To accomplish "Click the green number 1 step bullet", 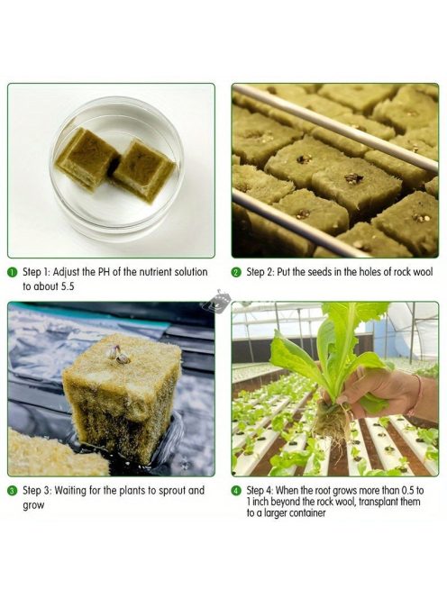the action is (x=13, y=272).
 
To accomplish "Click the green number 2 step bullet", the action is (x=237, y=272).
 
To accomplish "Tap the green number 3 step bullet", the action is (x=13, y=491).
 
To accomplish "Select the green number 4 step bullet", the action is (x=237, y=491).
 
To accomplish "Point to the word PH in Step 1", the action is (x=105, y=272).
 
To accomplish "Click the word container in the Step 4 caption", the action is (x=308, y=513).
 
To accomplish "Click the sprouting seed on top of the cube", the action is (x=120, y=354).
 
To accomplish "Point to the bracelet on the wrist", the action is (x=417, y=394).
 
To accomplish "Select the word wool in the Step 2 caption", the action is (x=423, y=272).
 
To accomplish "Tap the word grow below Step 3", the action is (x=33, y=506).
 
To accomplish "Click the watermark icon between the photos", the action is (x=216, y=300).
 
